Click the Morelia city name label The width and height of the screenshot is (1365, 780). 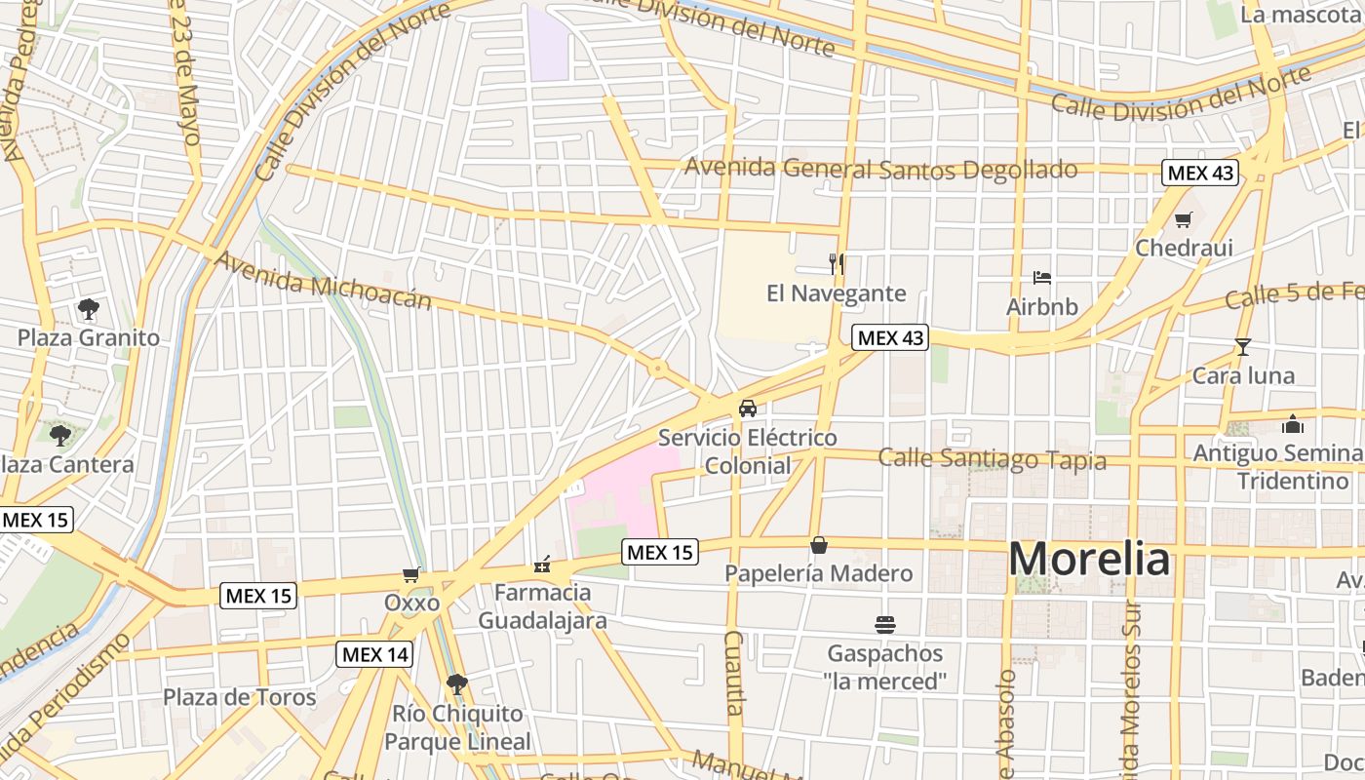1089,560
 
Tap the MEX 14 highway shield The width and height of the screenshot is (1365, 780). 374,654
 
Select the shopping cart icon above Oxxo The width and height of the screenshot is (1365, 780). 411,575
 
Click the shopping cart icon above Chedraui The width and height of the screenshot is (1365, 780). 1183,219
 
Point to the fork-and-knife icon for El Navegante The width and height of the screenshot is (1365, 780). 836,263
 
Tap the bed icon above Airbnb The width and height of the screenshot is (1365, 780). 1042,278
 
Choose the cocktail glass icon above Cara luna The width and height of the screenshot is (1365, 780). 1242,346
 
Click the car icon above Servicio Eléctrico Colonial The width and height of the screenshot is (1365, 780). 748,409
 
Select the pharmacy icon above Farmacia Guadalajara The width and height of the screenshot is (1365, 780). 542,564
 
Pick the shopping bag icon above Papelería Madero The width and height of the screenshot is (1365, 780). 819,544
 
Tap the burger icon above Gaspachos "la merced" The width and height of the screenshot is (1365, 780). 885,624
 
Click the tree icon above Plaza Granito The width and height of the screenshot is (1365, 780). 89,309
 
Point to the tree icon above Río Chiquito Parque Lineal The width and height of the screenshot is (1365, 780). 456,684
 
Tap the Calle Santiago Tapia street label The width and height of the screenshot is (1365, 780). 992,458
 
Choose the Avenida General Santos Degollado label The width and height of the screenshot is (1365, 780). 880,169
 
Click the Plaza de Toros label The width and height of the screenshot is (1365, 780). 239,697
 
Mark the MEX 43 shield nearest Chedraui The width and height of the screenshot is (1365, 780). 1200,174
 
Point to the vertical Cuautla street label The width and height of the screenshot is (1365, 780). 734,673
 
